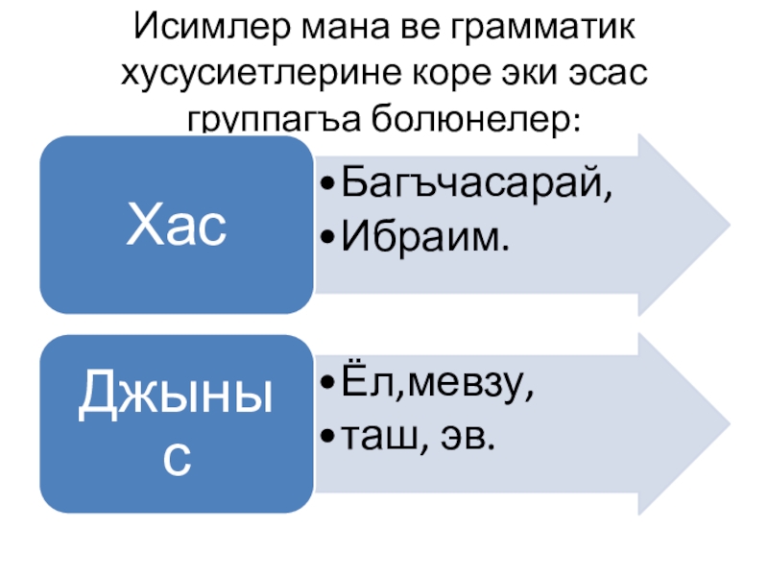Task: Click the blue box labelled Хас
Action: (x=177, y=224)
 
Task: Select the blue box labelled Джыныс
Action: (x=177, y=423)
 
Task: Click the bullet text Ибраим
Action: (x=423, y=234)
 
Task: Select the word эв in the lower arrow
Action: (x=468, y=437)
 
